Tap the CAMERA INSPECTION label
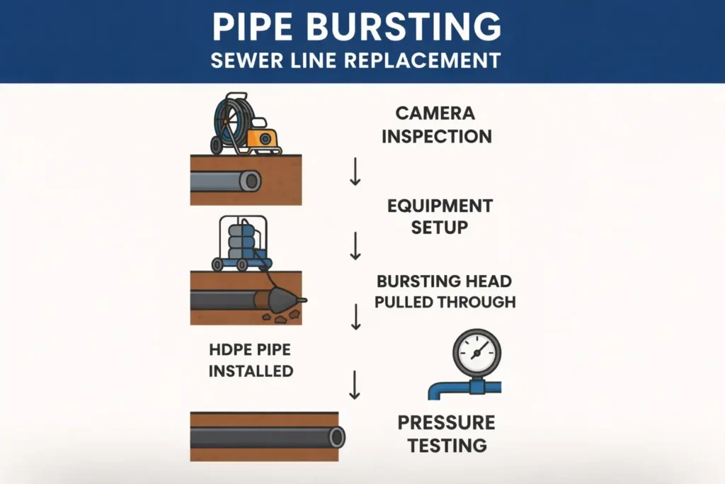(436, 125)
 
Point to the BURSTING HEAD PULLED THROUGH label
(445, 291)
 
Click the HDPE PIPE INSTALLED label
(251, 360)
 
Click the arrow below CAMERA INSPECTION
(355, 173)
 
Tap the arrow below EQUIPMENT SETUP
(355, 245)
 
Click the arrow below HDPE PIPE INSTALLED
(355, 384)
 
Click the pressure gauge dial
(476, 352)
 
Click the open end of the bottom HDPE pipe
(337, 437)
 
